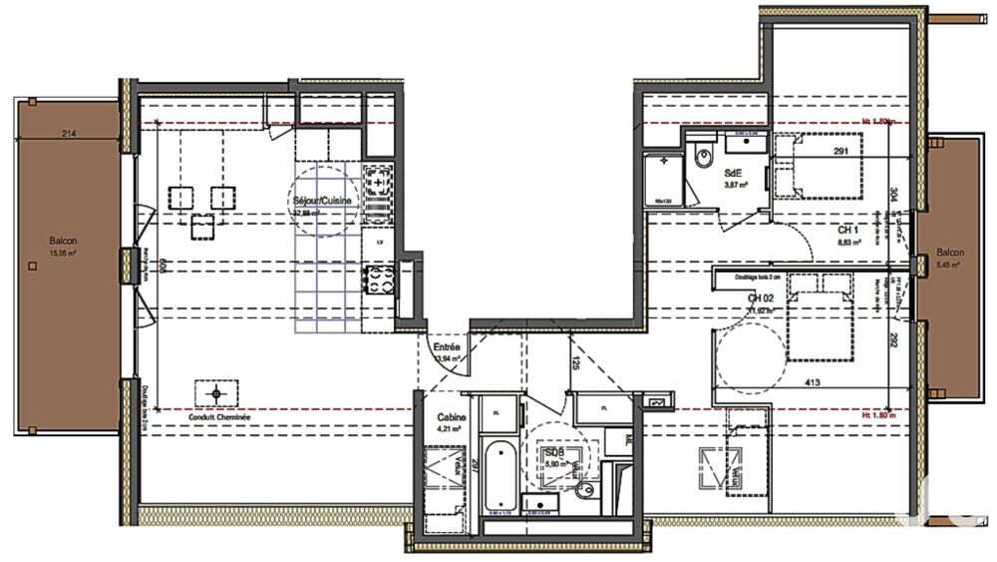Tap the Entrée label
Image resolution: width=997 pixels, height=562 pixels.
tap(446, 346)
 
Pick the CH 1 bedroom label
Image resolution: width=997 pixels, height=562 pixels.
tap(849, 230)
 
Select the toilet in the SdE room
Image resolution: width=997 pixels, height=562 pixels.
tap(704, 158)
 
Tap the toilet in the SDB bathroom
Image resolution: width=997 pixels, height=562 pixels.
tap(586, 490)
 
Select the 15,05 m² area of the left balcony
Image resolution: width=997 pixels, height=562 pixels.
tap(67, 253)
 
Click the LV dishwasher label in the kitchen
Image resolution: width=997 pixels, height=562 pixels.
tap(380, 242)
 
